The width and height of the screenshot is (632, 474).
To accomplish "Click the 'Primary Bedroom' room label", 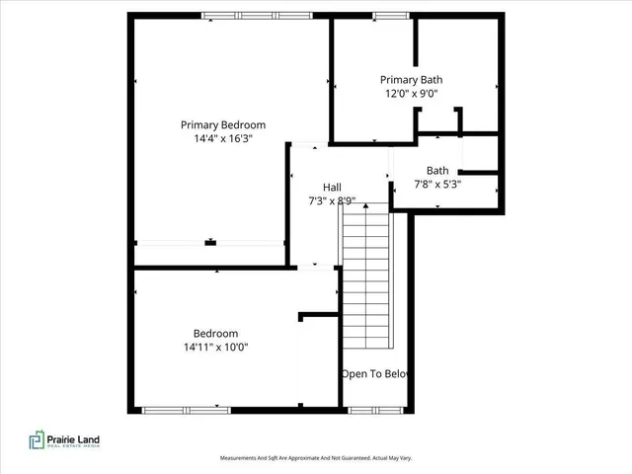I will (222, 124).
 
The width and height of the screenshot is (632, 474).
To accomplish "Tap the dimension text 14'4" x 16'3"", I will (222, 139).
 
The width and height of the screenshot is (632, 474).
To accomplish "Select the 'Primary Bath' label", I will (411, 80).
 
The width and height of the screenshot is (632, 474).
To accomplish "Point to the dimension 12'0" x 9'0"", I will (411, 94).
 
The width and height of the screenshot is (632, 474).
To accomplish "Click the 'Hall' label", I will (333, 188).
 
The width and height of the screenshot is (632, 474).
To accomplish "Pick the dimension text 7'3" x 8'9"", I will (332, 201).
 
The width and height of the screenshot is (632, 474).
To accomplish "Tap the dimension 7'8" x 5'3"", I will (437, 185).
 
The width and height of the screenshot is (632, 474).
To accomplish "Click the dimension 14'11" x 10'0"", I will (214, 347).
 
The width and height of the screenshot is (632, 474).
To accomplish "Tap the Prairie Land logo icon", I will (38, 439).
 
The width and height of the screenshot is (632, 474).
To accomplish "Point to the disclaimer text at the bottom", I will (315, 458).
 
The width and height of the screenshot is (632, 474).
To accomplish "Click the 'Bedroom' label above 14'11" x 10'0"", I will (214, 333).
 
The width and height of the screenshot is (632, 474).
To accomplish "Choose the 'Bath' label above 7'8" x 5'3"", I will (437, 171).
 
